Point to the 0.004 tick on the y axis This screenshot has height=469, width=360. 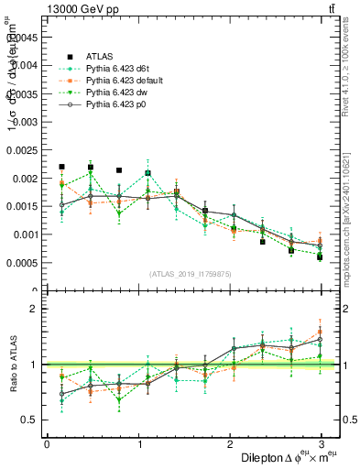[x=28, y=65]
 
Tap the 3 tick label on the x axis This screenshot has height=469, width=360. [x=322, y=443]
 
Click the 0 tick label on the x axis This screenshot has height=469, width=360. [x=47, y=443]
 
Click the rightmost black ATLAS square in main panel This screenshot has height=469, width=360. [x=321, y=257]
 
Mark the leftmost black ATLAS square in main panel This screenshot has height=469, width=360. [x=61, y=167]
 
